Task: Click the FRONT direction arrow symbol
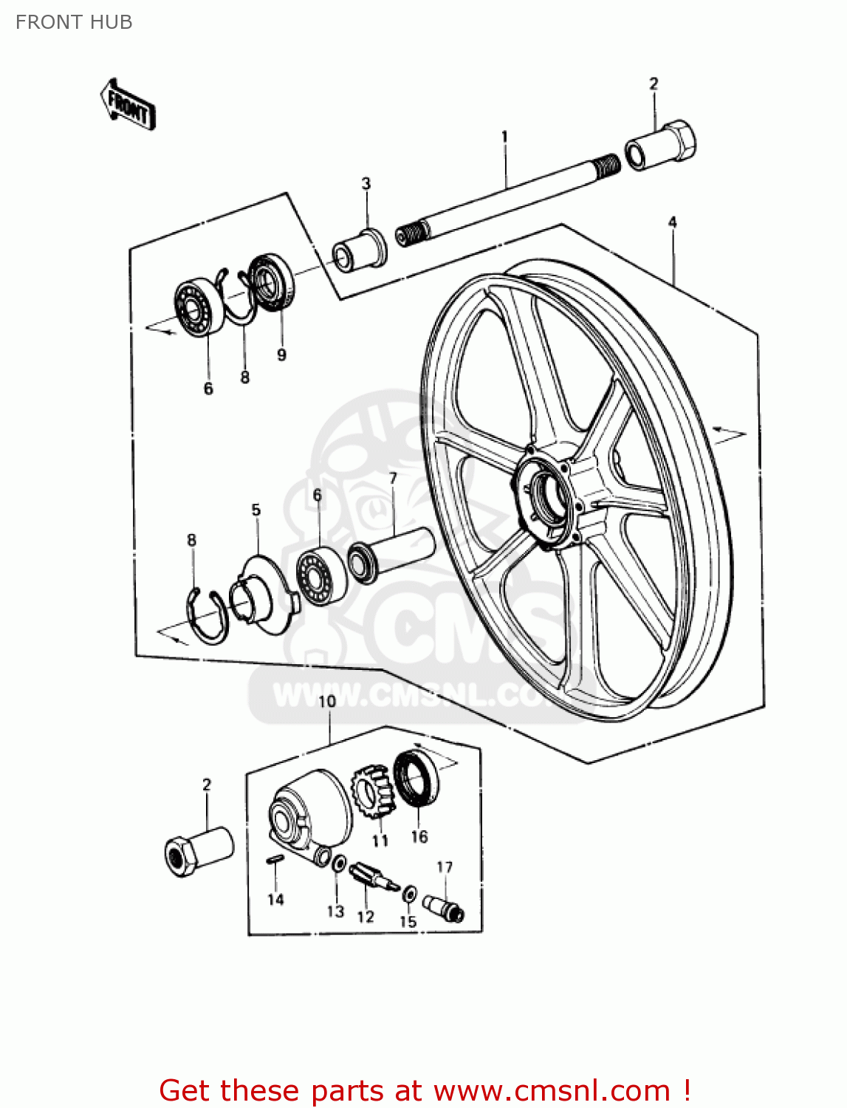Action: [128, 105]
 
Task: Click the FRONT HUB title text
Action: [74, 22]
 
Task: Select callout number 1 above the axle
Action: [504, 137]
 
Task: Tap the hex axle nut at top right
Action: [662, 146]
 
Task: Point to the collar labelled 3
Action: [360, 250]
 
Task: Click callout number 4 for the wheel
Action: [672, 222]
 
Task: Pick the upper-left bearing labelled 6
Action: [200, 307]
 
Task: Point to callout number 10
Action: [326, 700]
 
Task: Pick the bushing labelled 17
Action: [442, 906]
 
